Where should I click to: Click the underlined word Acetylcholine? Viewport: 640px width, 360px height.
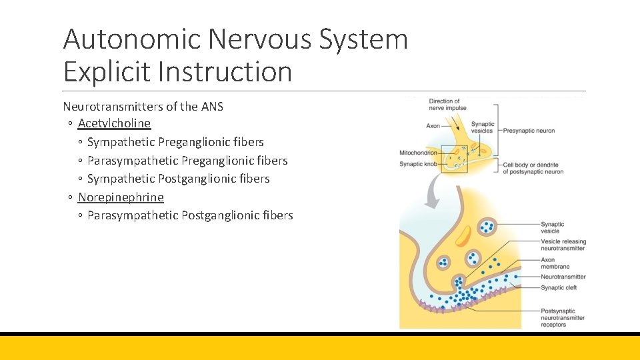click(x=114, y=123)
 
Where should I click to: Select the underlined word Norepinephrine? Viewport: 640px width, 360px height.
click(x=121, y=197)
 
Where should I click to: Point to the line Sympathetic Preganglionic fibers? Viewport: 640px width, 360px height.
click(x=175, y=142)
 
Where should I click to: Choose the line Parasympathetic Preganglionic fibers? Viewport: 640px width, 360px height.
click(x=187, y=161)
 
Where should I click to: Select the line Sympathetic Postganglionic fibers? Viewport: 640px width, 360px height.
click(x=178, y=179)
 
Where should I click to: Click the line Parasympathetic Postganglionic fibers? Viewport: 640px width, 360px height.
click(x=190, y=215)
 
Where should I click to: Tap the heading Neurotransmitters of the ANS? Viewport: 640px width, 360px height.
click(x=143, y=106)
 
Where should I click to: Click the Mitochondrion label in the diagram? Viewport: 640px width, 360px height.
click(x=417, y=153)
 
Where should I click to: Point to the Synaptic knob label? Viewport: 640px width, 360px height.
click(x=416, y=163)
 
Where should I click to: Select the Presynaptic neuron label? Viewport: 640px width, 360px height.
click(x=529, y=131)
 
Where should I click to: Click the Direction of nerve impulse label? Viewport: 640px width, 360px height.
click(x=447, y=105)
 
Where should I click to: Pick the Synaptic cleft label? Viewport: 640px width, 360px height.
click(x=559, y=288)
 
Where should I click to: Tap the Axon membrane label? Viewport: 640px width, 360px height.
click(x=555, y=263)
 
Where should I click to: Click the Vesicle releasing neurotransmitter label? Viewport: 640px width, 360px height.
click(x=563, y=245)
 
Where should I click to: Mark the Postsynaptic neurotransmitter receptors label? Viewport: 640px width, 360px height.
click(x=562, y=318)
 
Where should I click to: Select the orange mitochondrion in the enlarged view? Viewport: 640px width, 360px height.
click(x=463, y=236)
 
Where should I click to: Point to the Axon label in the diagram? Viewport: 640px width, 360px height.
click(x=433, y=126)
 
